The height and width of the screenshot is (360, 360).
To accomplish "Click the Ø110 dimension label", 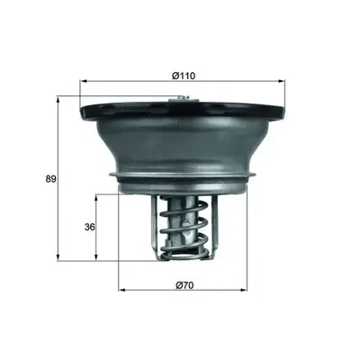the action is click(184, 76).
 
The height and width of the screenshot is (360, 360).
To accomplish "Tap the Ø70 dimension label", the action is click(184, 285).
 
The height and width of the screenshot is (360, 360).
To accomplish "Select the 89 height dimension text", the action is click(50, 179).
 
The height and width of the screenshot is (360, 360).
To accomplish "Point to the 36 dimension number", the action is click(89, 227).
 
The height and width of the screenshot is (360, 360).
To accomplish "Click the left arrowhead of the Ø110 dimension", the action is click(83, 81).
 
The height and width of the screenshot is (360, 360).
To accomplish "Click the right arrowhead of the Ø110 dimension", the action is click(282, 81).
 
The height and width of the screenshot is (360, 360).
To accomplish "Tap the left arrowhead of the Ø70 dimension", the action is click(122, 290).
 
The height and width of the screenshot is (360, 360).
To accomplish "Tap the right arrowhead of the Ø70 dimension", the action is click(244, 290).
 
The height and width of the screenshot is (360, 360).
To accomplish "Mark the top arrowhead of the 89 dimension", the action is click(58, 100).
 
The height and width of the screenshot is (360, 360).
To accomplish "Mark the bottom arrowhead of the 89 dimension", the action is click(58, 257).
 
